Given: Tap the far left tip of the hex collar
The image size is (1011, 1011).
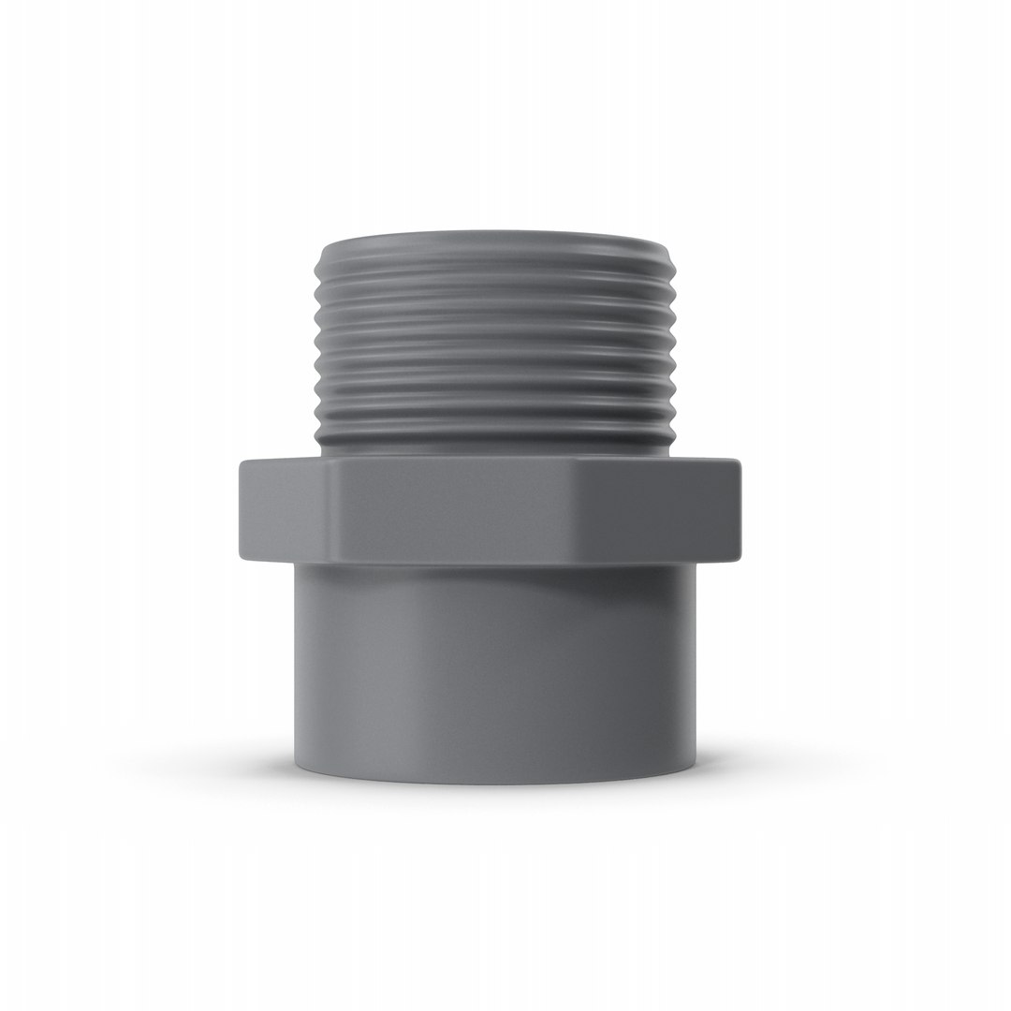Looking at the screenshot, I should [241, 510].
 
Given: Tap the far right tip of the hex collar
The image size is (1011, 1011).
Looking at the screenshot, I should [740, 510].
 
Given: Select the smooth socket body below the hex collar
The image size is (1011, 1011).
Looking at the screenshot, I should [496, 665].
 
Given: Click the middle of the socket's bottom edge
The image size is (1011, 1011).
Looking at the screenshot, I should [496, 783].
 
